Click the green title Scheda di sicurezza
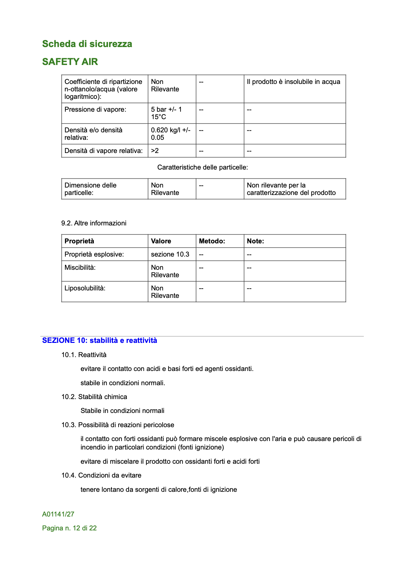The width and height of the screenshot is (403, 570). [x=87, y=44]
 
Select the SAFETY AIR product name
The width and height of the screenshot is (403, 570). [x=70, y=62]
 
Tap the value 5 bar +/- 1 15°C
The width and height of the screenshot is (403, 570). [x=166, y=113]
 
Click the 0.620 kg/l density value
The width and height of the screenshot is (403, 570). [x=170, y=134]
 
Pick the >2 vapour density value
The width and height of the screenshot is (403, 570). [x=155, y=151]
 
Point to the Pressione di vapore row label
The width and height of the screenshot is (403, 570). [x=95, y=110]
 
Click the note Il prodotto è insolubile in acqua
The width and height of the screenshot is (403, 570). [x=293, y=82]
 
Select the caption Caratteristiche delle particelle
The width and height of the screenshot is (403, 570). [x=203, y=168]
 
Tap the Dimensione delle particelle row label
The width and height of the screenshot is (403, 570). [x=90, y=189]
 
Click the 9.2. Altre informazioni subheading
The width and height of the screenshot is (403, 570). [x=94, y=223]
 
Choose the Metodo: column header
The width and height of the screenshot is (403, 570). [x=212, y=241]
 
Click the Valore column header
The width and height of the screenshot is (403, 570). [x=161, y=241]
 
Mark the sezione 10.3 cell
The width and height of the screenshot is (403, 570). [x=170, y=255]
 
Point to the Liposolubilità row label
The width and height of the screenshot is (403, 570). [x=85, y=288]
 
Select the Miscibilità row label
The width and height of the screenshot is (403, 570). [x=80, y=268]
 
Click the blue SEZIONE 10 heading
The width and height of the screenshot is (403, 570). [x=100, y=341]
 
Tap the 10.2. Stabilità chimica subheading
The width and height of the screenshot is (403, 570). [x=94, y=397]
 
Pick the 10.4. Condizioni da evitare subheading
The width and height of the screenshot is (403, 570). [x=101, y=476]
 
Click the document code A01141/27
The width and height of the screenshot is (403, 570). [x=58, y=514]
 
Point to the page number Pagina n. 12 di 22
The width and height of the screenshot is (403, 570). [x=69, y=528]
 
